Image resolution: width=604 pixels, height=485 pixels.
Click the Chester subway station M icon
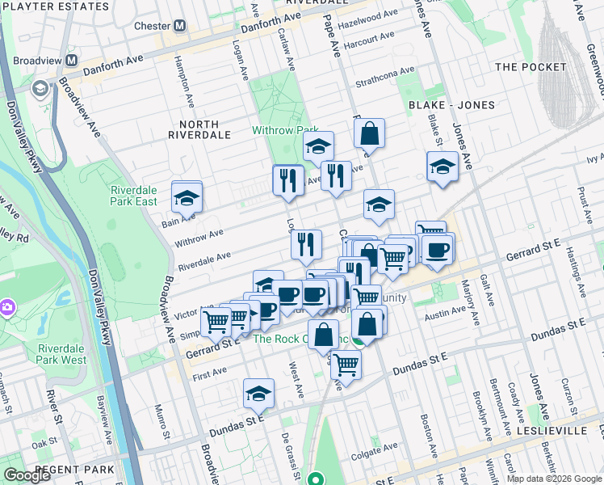pyautogui.click(x=178, y=26)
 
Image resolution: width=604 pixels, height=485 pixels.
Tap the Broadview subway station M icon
pyautogui.click(x=72, y=61)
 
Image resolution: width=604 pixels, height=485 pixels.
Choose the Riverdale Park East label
pyautogui.click(x=134, y=196)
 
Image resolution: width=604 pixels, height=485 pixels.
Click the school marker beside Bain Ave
pyautogui.click(x=187, y=197)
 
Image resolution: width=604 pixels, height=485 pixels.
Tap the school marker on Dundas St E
pyautogui.click(x=258, y=394)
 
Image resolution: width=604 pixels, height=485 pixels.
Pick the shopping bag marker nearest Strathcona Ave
pyautogui.click(x=369, y=134)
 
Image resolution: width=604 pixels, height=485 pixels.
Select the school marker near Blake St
pyautogui.click(x=443, y=167)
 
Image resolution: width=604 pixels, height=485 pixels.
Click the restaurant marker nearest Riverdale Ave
pyautogui.click(x=306, y=245)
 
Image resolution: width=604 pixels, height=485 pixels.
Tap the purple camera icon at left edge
pyautogui.click(x=7, y=307)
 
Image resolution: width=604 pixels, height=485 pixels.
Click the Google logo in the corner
pyautogui.click(x=27, y=476)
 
